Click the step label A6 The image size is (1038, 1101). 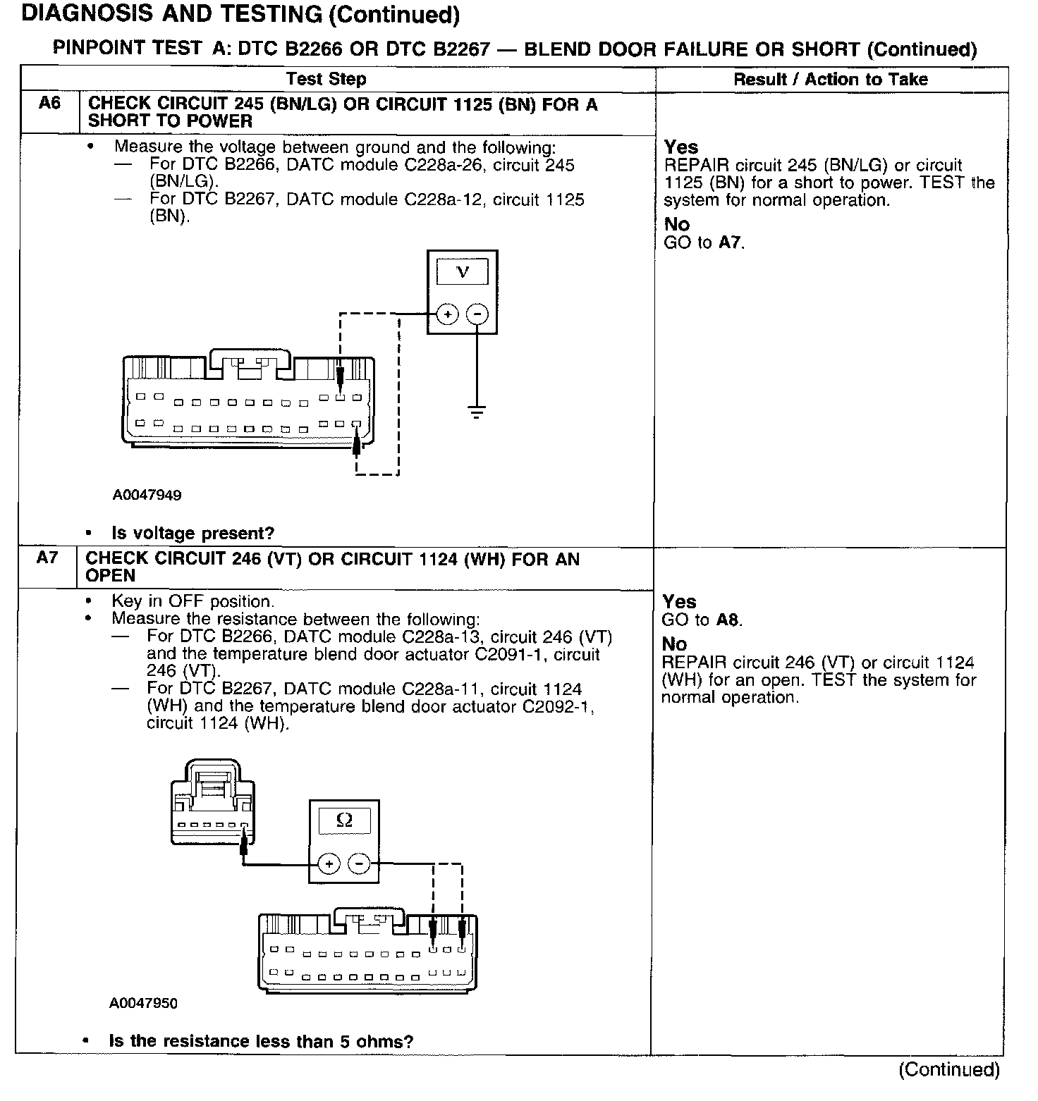tap(49, 104)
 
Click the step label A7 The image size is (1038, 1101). tap(47, 558)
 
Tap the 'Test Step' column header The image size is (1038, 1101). tap(326, 79)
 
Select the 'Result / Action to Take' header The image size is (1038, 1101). tap(831, 79)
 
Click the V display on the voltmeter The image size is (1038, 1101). tap(462, 271)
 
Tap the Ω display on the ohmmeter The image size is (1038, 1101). tap(344, 820)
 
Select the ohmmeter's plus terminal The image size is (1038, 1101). tap(329, 863)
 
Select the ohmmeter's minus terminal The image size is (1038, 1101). tap(360, 863)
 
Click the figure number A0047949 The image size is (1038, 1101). tap(147, 495)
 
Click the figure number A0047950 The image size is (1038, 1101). tap(144, 1003)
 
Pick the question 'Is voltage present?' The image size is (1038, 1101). tap(193, 533)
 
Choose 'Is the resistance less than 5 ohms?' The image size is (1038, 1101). tap(261, 1041)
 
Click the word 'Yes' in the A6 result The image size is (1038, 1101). tap(681, 147)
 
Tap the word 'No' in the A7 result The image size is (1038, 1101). tap(674, 644)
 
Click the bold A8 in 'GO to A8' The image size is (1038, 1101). tap(728, 620)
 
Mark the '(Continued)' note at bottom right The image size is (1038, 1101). tap(948, 1069)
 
